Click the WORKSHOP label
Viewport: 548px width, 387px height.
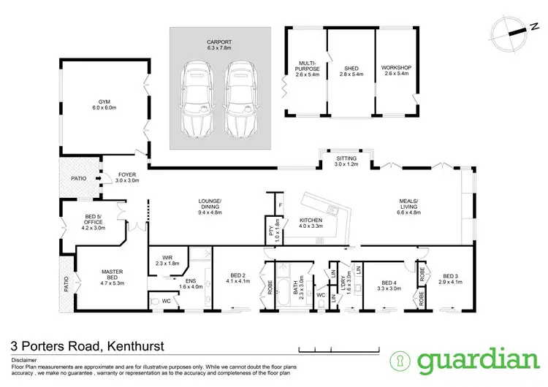397,72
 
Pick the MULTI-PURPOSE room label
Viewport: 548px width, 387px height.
305,72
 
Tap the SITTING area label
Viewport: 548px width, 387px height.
347,161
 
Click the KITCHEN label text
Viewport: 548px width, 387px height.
315,225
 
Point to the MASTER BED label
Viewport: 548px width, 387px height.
112,276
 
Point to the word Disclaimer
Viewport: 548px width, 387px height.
24,359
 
